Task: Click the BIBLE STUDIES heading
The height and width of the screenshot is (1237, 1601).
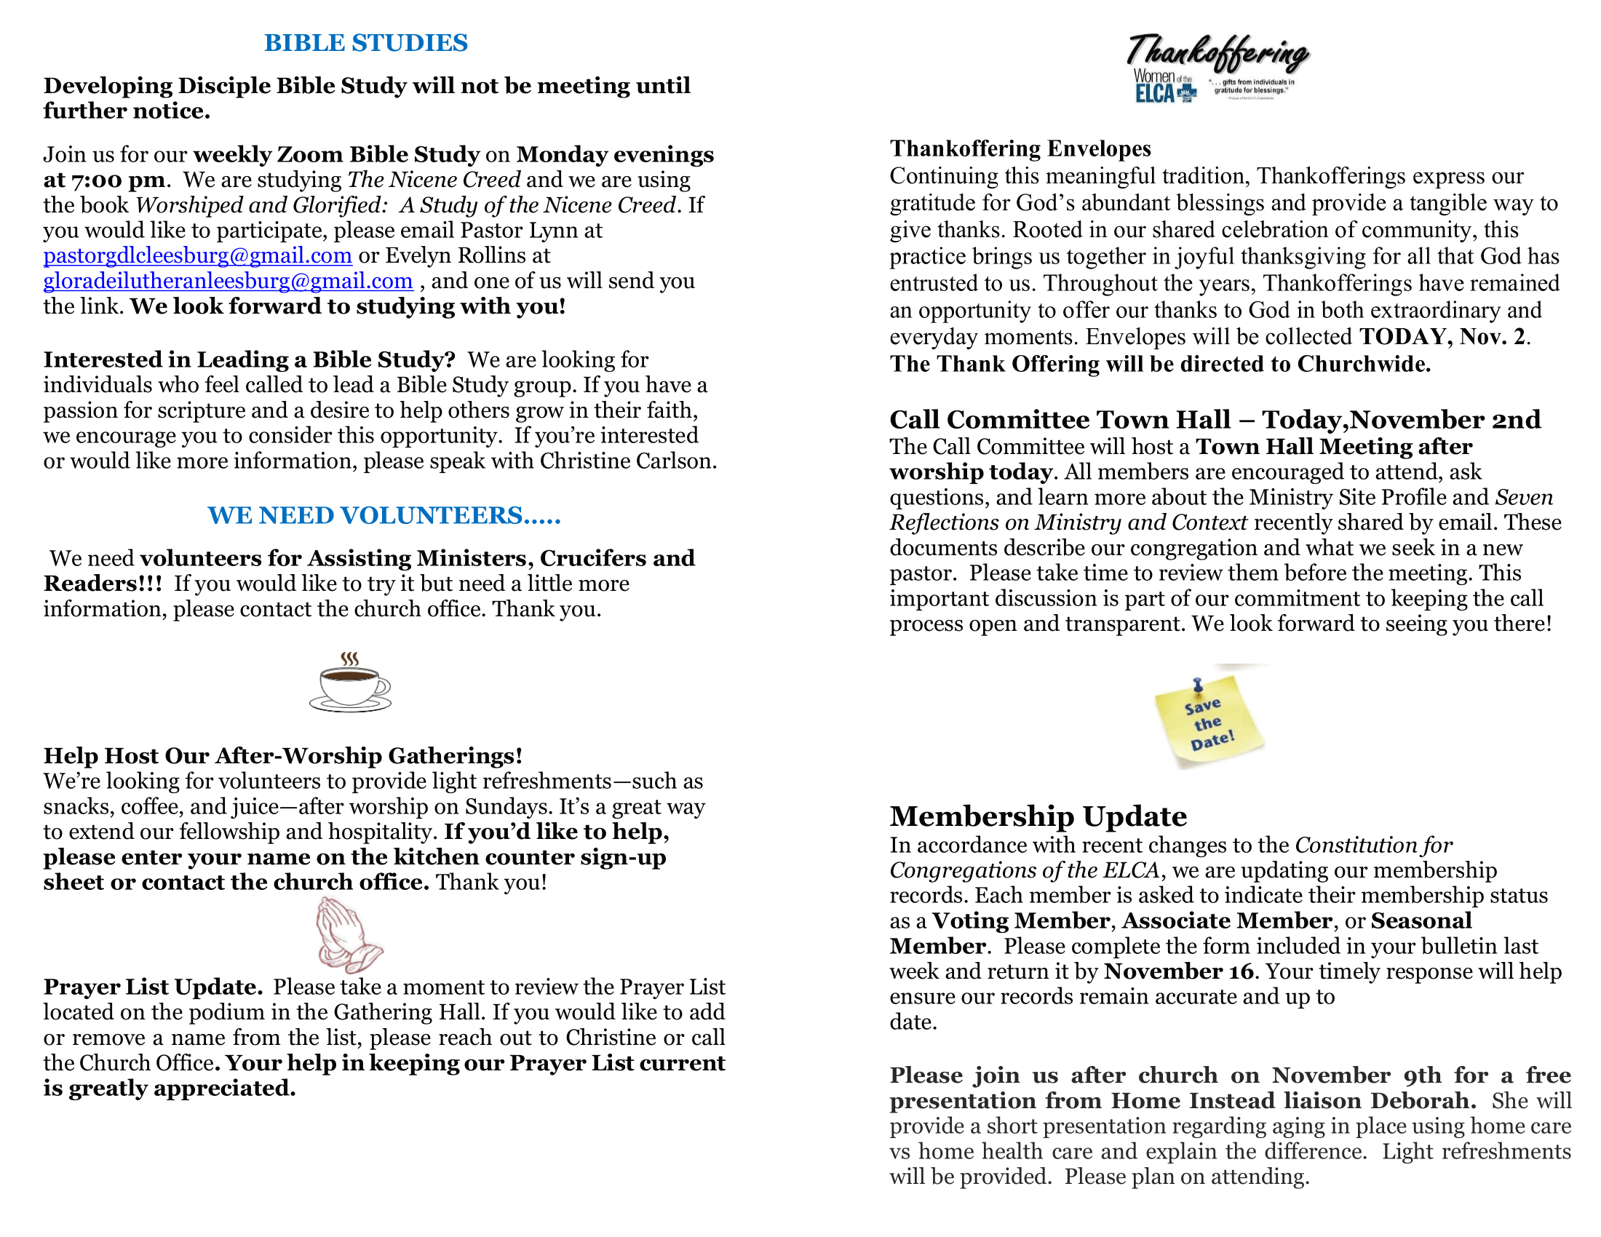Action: click(366, 43)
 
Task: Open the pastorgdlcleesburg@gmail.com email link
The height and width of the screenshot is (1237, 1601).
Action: click(197, 255)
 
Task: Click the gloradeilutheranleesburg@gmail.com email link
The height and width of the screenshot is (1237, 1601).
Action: click(228, 282)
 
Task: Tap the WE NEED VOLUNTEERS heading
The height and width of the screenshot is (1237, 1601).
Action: click(384, 516)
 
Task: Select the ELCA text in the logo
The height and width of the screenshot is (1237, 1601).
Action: click(1154, 94)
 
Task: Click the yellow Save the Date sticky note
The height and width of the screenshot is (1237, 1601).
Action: click(1209, 723)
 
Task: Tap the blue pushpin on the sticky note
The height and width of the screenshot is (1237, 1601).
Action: click(1198, 686)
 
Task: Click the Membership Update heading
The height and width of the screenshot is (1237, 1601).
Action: click(1038, 816)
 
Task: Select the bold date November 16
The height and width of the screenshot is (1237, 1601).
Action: click(1179, 971)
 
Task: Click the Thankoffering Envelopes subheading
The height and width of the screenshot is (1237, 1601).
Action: click(1020, 148)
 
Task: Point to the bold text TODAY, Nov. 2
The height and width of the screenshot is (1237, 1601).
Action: click(1443, 337)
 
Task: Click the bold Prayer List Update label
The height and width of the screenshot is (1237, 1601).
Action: click(153, 988)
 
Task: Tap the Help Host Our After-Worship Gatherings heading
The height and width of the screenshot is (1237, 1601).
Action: click(283, 756)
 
